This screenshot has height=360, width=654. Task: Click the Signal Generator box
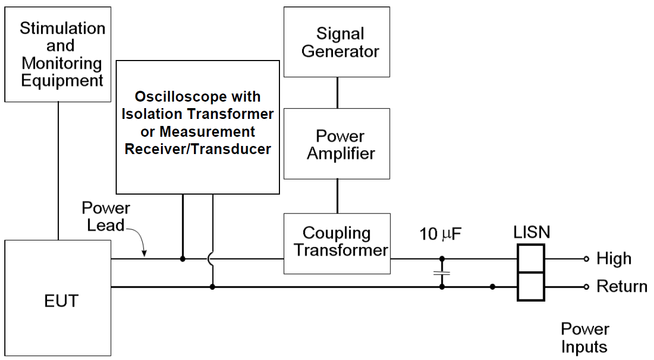pyautogui.click(x=337, y=42)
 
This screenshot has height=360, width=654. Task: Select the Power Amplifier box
pyautogui.click(x=337, y=144)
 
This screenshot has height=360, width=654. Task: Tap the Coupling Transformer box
pyautogui.click(x=337, y=241)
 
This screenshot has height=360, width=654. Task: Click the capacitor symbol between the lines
pyautogui.click(x=442, y=274)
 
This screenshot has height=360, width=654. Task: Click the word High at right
pyautogui.click(x=613, y=259)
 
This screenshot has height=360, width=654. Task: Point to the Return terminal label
pyautogui.click(x=622, y=286)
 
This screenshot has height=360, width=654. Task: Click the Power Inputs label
pyautogui.click(x=585, y=337)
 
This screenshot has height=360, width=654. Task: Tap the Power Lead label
pyautogui.click(x=106, y=216)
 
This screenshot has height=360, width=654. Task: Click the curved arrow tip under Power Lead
pyautogui.click(x=144, y=254)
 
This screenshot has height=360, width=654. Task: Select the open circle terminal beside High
pyautogui.click(x=586, y=259)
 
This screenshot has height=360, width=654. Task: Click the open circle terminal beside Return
pyautogui.click(x=586, y=286)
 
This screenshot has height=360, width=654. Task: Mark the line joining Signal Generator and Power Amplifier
pyautogui.click(x=337, y=92)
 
